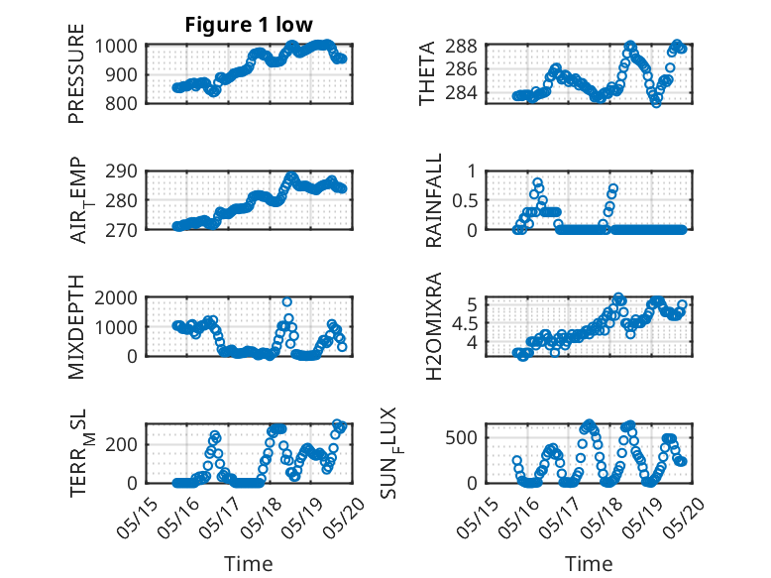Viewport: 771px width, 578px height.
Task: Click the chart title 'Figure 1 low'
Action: [249, 25]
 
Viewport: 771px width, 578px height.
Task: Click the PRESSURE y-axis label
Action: [76, 73]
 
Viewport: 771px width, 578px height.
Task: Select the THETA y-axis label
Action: [427, 73]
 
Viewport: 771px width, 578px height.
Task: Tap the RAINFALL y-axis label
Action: [434, 200]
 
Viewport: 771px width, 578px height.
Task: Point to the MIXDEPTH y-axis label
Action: [76, 327]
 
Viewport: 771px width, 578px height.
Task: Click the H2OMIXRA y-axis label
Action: [434, 326]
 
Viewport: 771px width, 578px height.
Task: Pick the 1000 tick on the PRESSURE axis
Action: [116, 47]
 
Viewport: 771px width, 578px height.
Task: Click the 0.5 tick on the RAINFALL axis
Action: [465, 200]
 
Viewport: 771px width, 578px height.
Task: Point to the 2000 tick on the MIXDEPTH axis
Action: [116, 298]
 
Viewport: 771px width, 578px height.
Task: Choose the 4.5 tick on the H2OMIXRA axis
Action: [465, 323]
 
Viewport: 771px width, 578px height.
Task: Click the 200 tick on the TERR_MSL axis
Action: [121, 444]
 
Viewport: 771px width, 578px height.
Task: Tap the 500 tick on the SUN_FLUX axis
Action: [461, 438]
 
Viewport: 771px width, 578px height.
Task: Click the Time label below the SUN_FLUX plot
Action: [589, 564]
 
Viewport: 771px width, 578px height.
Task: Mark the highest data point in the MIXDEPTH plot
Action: [287, 302]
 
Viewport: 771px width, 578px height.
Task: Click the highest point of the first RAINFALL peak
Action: [537, 182]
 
